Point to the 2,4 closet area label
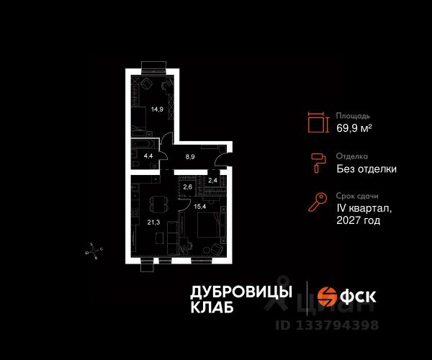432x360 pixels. point(212,181)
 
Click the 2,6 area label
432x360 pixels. point(187,188)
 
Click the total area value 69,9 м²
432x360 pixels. point(354,128)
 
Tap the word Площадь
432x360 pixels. point(353,115)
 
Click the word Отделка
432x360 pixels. point(352,156)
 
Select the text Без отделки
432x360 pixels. point(366,169)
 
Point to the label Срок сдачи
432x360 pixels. point(357,196)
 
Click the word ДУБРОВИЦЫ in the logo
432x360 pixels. point(241,292)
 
